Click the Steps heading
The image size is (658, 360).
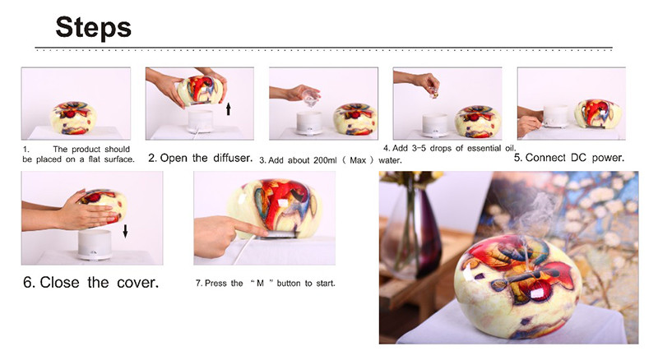click(93, 28)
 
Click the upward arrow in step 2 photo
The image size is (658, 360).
click(229, 109)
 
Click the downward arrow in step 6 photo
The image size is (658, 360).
click(125, 231)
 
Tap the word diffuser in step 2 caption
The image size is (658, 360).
click(233, 158)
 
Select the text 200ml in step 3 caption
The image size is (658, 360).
click(325, 160)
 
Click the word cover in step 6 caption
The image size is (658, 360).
click(137, 283)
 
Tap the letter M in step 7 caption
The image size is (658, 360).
click(260, 284)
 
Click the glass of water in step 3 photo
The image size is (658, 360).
click(311, 97)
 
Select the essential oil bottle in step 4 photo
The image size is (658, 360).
click(433, 93)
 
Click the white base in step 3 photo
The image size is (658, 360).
click(309, 123)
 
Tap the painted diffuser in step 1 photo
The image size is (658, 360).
click(73, 118)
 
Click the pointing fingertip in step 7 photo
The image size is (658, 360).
click(262, 232)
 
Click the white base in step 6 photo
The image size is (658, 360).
click(95, 245)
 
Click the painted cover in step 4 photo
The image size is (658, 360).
click(478, 122)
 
